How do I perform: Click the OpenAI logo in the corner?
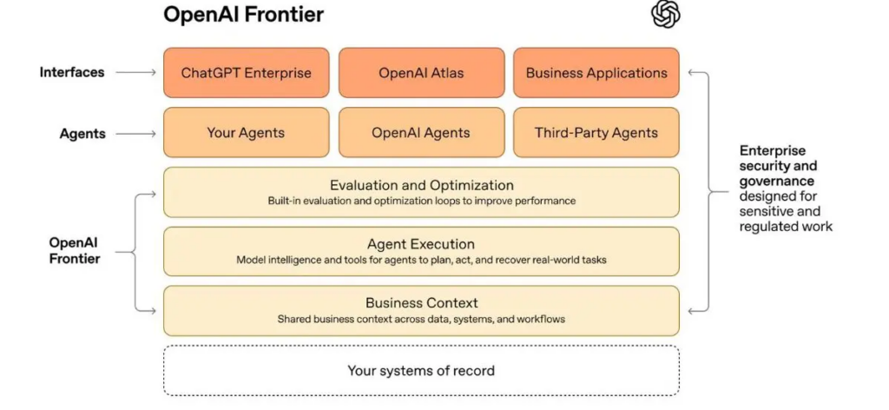click(x=665, y=14)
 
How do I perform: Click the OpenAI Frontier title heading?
click(x=243, y=14)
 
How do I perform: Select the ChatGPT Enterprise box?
click(x=246, y=73)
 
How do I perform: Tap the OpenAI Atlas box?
click(x=421, y=73)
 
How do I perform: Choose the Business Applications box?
click(x=596, y=73)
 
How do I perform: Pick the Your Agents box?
click(x=246, y=133)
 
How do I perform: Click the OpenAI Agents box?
click(x=421, y=133)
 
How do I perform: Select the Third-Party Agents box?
click(x=596, y=133)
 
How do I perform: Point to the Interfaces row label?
click(x=72, y=73)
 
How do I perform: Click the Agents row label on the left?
click(x=82, y=134)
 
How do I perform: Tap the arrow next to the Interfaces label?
click(x=135, y=73)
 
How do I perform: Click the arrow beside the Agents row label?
click(x=135, y=134)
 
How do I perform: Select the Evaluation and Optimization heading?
click(x=422, y=185)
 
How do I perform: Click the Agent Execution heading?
click(x=421, y=244)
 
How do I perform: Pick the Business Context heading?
click(x=422, y=302)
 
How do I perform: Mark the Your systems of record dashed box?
click(x=421, y=370)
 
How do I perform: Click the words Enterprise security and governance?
click(x=778, y=166)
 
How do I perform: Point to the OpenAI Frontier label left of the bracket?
click(x=75, y=251)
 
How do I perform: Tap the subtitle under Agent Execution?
click(x=421, y=261)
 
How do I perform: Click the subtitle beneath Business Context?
click(x=421, y=319)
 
